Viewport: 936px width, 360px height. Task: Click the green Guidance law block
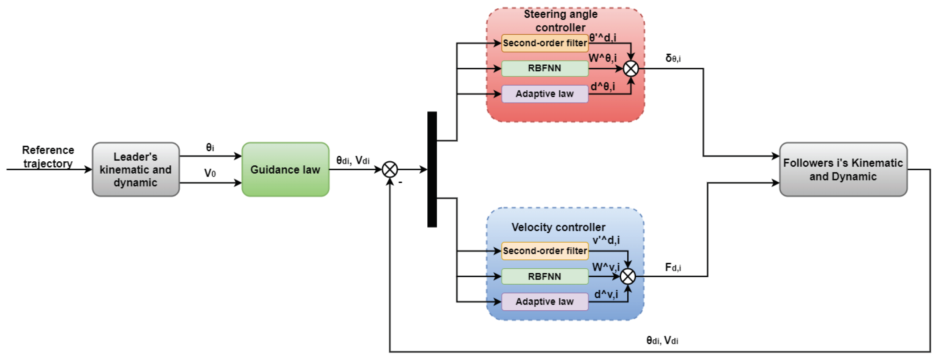285,169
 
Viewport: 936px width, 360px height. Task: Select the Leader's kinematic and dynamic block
136,169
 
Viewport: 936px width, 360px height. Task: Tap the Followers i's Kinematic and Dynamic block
843,169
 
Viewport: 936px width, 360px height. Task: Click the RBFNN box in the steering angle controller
544,68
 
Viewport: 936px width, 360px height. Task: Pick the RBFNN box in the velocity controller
544,277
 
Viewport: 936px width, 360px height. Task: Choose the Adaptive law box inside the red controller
544,94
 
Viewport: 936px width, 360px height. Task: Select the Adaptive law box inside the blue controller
544,302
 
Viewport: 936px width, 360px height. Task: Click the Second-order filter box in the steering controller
544,43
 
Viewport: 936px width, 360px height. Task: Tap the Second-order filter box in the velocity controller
544,251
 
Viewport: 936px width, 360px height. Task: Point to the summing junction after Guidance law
390,169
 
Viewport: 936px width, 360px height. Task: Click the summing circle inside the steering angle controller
631,68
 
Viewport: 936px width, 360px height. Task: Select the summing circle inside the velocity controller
628,277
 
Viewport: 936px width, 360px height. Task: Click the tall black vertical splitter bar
432,169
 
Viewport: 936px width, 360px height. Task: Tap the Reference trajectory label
48,157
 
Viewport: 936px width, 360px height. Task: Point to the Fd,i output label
673,267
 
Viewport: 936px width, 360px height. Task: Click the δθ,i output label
673,58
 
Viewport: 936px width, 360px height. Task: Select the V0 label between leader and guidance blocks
210,173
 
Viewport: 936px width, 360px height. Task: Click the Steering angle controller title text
560,21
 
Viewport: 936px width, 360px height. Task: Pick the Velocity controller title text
558,227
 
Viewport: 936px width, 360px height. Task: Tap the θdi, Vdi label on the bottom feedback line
662,340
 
